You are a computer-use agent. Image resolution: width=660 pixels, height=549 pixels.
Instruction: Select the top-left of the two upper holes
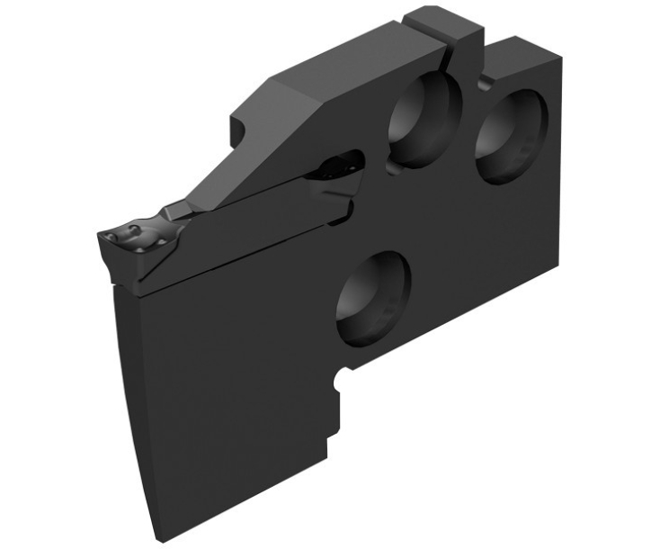(x=424, y=120)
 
